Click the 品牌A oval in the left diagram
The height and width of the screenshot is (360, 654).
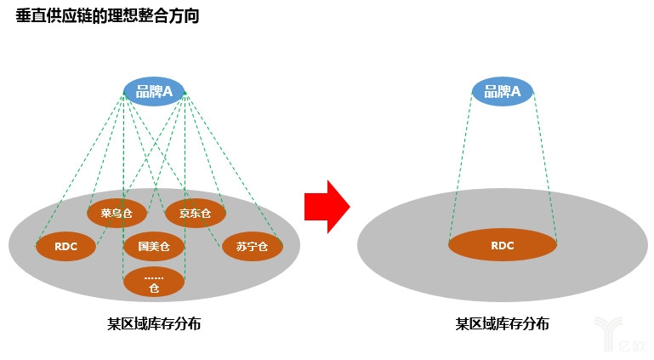[154, 91]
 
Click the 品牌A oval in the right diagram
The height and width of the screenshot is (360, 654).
[502, 91]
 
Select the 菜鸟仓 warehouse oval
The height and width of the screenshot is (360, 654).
[117, 213]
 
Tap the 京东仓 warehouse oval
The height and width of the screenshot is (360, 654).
[195, 213]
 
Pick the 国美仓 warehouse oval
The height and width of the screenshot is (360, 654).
[153, 247]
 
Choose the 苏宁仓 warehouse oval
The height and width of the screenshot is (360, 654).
[252, 247]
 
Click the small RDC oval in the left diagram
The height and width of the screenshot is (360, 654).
[65, 247]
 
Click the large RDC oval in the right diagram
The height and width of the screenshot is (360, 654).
[502, 245]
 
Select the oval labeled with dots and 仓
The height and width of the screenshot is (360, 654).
[153, 282]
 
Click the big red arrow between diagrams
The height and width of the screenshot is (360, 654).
[327, 206]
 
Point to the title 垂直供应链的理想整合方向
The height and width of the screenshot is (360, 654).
[107, 15]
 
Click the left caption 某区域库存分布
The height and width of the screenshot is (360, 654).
[154, 323]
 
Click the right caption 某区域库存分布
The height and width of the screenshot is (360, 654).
[502, 323]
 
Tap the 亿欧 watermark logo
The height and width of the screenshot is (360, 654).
[617, 335]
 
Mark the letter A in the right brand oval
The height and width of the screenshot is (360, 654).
[515, 91]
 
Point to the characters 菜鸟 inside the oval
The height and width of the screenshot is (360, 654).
[111, 213]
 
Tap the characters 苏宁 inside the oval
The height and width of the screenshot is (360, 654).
[247, 247]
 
